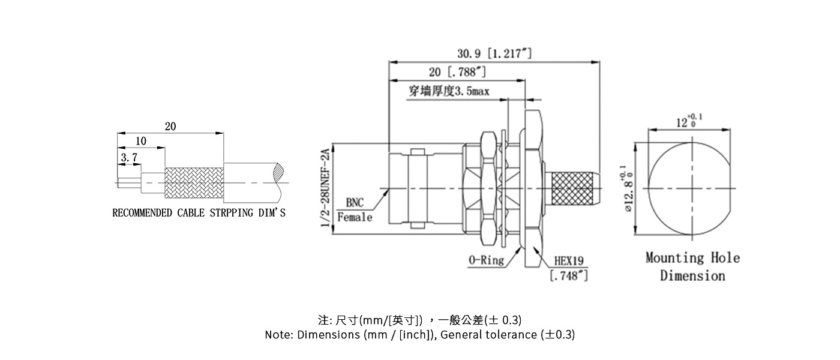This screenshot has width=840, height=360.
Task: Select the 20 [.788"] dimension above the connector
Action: click(x=457, y=73)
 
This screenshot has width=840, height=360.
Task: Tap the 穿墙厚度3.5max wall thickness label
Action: click(x=449, y=91)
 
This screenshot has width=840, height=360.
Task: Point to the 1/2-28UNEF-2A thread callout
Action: click(x=326, y=187)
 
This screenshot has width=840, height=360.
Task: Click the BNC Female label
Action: click(x=355, y=210)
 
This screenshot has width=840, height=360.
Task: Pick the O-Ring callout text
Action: click(x=485, y=260)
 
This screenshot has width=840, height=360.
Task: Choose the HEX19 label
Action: click(x=568, y=262)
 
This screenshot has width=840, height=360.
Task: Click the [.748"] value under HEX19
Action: click(x=568, y=275)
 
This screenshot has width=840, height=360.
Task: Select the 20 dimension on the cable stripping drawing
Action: click(x=170, y=126)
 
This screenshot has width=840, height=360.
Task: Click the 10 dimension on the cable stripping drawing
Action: click(x=141, y=141)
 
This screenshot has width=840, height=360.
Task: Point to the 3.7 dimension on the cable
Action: click(x=129, y=158)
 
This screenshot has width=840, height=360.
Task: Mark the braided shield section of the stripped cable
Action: click(x=194, y=182)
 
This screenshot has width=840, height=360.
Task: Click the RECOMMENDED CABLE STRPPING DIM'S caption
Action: click(x=199, y=213)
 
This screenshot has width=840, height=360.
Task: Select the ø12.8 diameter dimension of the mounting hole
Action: click(x=628, y=190)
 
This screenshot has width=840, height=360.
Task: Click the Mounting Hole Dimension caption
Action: click(x=692, y=266)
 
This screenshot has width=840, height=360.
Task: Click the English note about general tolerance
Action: click(x=419, y=335)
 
